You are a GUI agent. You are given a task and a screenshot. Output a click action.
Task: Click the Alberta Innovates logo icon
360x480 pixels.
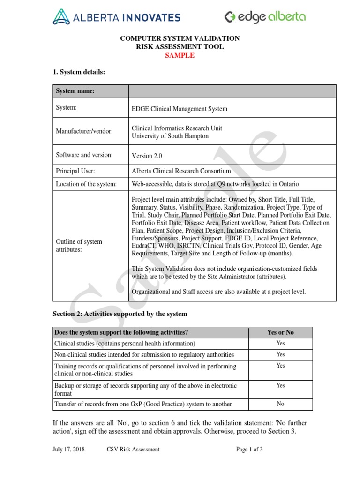point(61,17)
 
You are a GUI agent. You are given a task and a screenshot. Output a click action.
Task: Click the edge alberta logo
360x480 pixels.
point(265,17)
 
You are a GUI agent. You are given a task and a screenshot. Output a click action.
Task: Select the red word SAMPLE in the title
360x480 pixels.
point(180,55)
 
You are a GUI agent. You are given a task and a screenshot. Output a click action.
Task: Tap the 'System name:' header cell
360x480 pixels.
point(75,91)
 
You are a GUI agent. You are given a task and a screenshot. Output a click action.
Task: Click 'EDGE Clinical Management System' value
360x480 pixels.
point(180,109)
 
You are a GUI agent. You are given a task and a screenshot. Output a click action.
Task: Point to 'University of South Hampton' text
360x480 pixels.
point(170,136)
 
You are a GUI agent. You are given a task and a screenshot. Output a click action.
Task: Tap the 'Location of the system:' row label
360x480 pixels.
point(86,184)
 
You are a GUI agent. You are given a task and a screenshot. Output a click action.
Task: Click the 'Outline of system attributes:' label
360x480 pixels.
point(79,246)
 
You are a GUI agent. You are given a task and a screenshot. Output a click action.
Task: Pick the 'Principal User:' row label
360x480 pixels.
point(75,172)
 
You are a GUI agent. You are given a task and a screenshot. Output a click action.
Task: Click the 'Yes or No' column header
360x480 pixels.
point(280,332)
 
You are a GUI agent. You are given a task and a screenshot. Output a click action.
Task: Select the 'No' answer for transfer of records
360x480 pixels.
point(280,404)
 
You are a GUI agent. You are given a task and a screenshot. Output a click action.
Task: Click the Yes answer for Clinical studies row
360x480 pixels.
point(280,344)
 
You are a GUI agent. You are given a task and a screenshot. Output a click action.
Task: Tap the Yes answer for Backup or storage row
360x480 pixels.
point(280,385)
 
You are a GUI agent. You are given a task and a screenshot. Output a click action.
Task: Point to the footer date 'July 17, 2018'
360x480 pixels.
point(69,449)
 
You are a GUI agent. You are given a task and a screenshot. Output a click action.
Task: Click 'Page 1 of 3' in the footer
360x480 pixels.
point(249,449)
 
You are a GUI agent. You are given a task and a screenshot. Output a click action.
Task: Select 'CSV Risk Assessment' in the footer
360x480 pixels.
point(133,449)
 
